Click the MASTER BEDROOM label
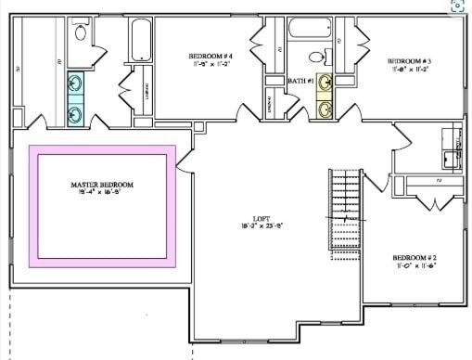pos(102,185)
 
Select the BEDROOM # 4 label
pos(210,58)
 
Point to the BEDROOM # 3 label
pos(409,60)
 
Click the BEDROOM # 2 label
pos(414,257)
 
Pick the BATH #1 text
pos(300,82)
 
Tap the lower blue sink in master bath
pos(76,114)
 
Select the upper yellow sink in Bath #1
pos(325,84)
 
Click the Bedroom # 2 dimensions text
pos(414,266)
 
